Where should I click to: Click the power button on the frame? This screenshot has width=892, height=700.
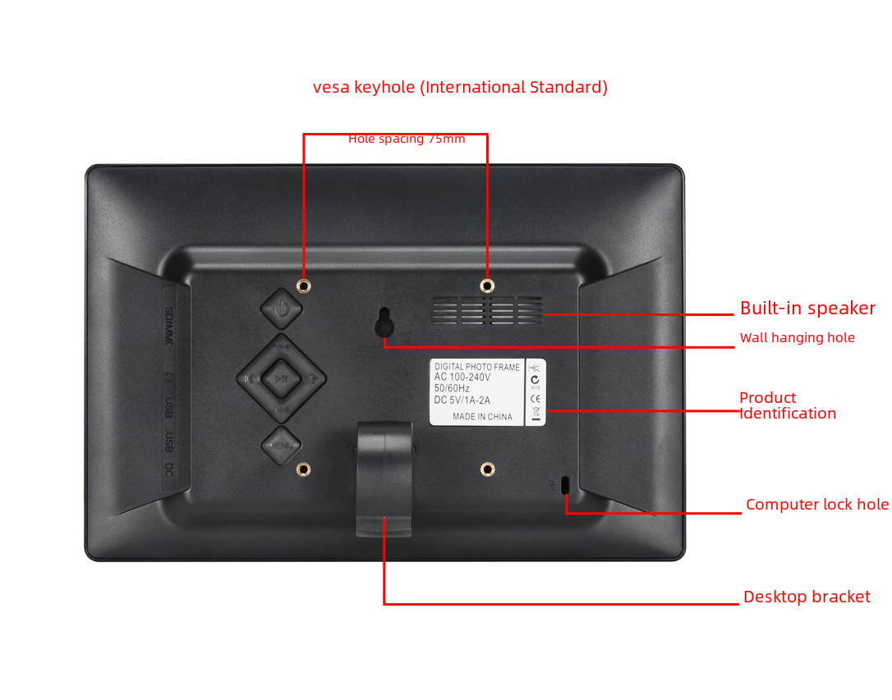coord(281,309)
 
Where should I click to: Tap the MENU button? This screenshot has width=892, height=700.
coord(281,446)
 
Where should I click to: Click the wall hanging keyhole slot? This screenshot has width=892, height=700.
coord(384,323)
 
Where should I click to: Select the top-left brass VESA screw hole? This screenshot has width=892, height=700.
coord(304,286)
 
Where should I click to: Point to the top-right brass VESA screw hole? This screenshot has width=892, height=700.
coord(487,286)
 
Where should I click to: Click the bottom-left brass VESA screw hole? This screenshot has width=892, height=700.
coord(304,469)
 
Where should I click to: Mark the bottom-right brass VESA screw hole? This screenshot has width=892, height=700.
coord(487,469)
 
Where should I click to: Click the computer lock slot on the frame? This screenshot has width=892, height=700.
coord(564,485)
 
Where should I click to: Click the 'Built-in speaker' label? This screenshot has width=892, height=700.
coord(807,309)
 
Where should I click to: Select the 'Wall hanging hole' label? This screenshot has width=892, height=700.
coord(797,338)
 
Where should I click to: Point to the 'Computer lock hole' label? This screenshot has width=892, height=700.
coord(816,505)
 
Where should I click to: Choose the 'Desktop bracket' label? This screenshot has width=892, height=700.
coord(806,597)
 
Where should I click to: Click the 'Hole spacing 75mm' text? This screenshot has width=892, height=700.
coord(407,139)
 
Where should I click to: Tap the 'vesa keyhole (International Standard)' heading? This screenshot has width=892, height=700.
coord(460,87)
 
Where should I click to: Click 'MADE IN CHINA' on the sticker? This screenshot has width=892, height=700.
coord(482,417)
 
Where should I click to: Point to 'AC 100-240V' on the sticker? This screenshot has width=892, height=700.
coord(462,377)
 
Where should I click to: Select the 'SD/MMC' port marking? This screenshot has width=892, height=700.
coord(169,327)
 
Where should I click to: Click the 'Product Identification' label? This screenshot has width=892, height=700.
coord(787,405)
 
